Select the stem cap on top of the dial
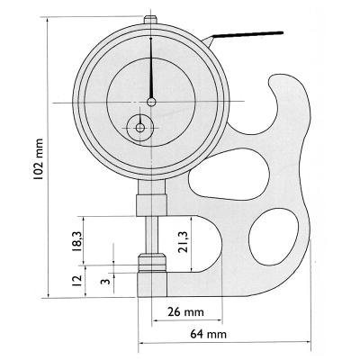[x=151, y=16]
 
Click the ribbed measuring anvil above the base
[x=150, y=264]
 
